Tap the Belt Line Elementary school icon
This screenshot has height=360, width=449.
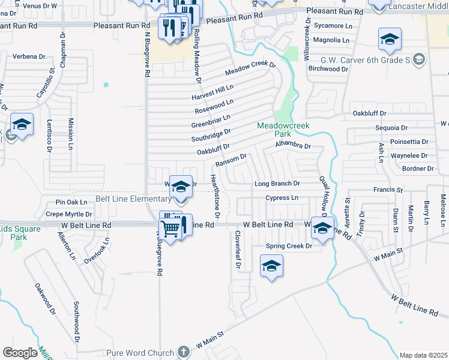(x=180, y=187)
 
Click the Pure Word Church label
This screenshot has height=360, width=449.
(x=139, y=353)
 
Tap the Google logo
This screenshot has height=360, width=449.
(x=20, y=353)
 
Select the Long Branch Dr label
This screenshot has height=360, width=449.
(x=277, y=184)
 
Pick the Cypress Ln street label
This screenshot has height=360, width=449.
(x=282, y=197)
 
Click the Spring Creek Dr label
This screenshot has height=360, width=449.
(x=289, y=246)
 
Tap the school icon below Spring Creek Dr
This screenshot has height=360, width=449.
(x=271, y=266)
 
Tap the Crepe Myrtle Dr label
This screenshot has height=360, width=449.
(x=69, y=214)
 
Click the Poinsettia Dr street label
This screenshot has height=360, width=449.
(x=409, y=142)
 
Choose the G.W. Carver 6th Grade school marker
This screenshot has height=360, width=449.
(x=419, y=59)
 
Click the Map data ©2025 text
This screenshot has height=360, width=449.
(x=423, y=355)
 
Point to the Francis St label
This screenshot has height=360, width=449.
(x=388, y=190)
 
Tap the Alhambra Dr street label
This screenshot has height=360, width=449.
(x=293, y=146)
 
